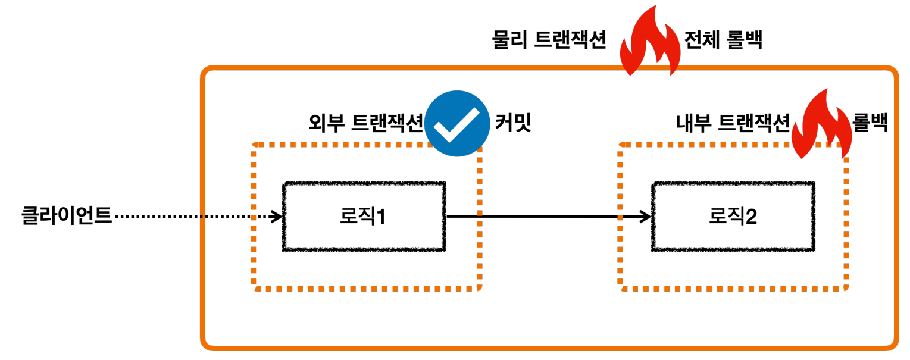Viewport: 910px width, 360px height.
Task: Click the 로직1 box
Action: (364, 217)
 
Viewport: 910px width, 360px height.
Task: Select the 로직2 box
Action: (733, 217)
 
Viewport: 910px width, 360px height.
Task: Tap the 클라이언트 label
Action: (67, 215)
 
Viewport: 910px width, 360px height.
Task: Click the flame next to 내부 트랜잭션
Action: (820, 124)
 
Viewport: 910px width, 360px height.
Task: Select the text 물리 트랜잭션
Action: (549, 40)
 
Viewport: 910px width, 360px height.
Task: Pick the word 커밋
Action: (512, 123)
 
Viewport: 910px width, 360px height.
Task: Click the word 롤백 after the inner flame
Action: (871, 123)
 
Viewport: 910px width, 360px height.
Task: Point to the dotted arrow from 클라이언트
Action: (190, 217)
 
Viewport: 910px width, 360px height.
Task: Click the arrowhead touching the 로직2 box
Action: (646, 217)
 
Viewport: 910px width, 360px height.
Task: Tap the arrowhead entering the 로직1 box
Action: (276, 217)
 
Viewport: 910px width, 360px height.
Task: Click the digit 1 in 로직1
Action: (380, 217)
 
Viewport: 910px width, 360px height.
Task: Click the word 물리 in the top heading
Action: (509, 40)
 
